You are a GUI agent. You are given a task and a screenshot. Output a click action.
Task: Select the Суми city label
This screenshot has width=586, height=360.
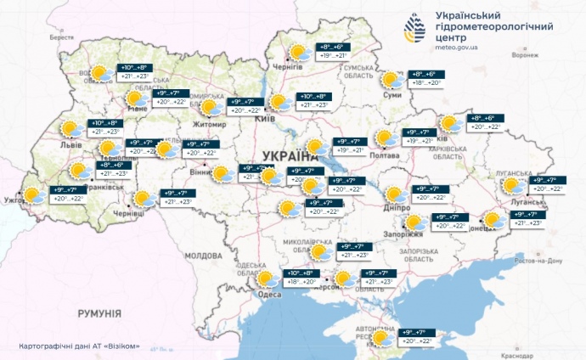click(392, 96)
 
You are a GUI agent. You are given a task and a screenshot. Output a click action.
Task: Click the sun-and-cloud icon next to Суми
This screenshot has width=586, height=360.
click(392, 80)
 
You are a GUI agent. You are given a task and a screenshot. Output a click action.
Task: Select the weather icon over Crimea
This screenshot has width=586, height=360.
click(381, 337)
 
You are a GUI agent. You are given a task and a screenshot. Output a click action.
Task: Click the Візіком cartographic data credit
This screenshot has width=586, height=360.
click(78, 347)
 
